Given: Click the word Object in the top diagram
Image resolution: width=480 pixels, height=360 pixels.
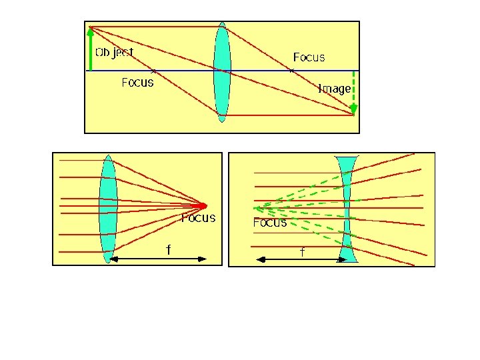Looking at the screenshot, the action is pyautogui.click(x=114, y=53).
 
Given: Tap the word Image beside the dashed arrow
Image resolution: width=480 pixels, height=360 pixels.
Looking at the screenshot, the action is pyautogui.click(x=334, y=89).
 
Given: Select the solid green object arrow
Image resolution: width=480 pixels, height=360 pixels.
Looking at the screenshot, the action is pyautogui.click(x=91, y=49).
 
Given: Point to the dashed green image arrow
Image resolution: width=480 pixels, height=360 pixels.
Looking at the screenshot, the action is pyautogui.click(x=354, y=92).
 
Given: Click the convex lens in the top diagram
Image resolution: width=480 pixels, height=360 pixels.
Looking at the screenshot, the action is pyautogui.click(x=222, y=72).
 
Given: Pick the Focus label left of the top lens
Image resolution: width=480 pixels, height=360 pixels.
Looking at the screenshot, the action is pyautogui.click(x=137, y=83).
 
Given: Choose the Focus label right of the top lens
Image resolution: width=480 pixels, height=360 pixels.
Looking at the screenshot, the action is pyautogui.click(x=309, y=57).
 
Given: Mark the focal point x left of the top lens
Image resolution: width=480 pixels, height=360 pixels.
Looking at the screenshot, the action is pyautogui.click(x=154, y=71).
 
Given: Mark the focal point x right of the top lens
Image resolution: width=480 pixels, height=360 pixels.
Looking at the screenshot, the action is pyautogui.click(x=292, y=71).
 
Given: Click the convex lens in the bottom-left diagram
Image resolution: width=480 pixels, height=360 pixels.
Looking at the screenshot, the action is pyautogui.click(x=108, y=209).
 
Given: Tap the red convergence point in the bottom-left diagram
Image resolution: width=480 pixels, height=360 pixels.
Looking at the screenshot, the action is pyautogui.click(x=202, y=206).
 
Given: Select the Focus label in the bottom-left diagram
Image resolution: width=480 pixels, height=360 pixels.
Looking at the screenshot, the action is pyautogui.click(x=199, y=217).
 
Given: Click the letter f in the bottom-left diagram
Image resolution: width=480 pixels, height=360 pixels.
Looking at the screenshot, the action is pyautogui.click(x=169, y=249).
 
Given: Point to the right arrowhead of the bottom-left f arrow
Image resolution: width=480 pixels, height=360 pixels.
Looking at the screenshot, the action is pyautogui.click(x=202, y=259).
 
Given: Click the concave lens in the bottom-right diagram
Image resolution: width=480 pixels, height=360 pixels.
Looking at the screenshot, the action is pyautogui.click(x=347, y=209).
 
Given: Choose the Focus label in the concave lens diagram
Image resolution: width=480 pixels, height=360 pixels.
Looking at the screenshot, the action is pyautogui.click(x=270, y=222).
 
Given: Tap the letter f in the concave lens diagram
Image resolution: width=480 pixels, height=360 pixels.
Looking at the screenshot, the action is pyautogui.click(x=303, y=252).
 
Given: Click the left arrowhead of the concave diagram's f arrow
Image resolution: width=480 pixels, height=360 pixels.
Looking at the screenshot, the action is pyautogui.click(x=261, y=260).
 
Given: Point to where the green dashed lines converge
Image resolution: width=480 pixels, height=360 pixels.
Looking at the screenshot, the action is pyautogui.click(x=255, y=208).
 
